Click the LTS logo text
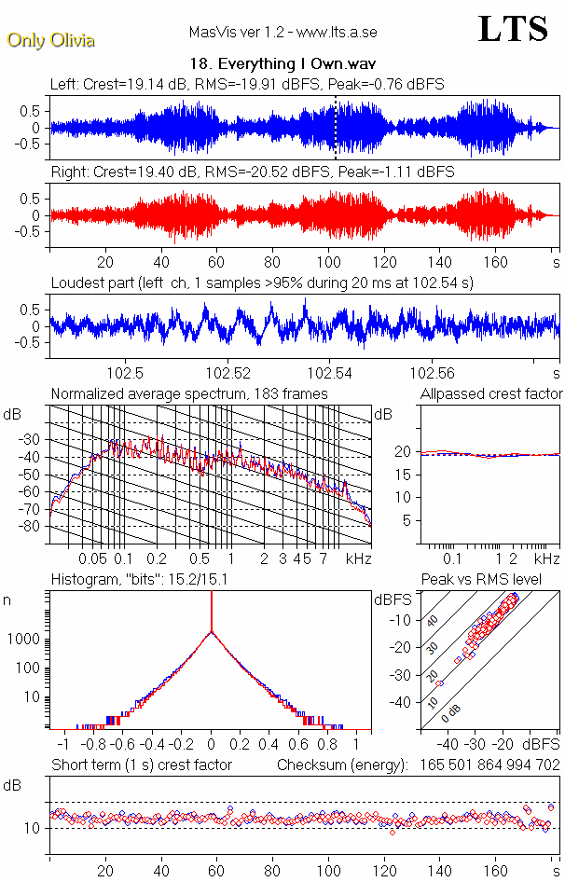(513, 30)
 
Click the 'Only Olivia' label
(50, 40)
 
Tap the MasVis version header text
(282, 33)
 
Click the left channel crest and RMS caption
(247, 84)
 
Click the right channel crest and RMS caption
(253, 172)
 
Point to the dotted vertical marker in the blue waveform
(335, 126)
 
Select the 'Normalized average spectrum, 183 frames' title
(189, 394)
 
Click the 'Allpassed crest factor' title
(491, 394)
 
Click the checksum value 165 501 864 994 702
(483, 765)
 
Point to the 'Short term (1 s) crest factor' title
(142, 765)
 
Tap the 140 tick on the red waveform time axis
(439, 262)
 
